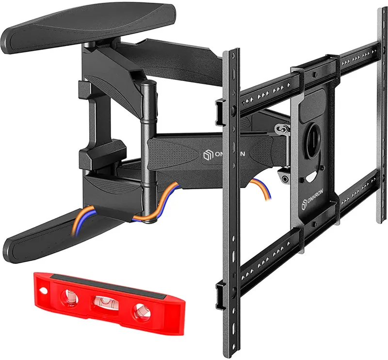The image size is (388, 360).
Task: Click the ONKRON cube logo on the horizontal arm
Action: tap(205, 156)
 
